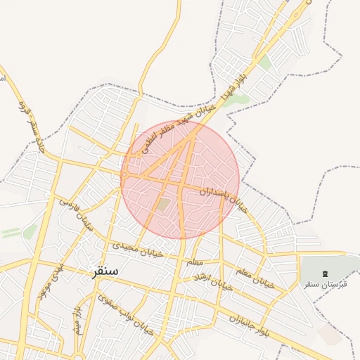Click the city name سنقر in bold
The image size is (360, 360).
[x=104, y=271]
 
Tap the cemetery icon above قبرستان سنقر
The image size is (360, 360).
[x=324, y=273]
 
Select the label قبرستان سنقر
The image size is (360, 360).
[x=323, y=284]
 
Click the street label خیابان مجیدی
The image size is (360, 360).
[x=138, y=248]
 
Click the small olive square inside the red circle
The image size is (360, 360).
[x=162, y=205]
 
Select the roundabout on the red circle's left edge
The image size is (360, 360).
[x=124, y=174]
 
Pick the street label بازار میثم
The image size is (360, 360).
[x=78, y=320]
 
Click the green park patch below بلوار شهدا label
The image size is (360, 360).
[x=238, y=100]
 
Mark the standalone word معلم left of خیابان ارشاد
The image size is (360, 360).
[x=195, y=262]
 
